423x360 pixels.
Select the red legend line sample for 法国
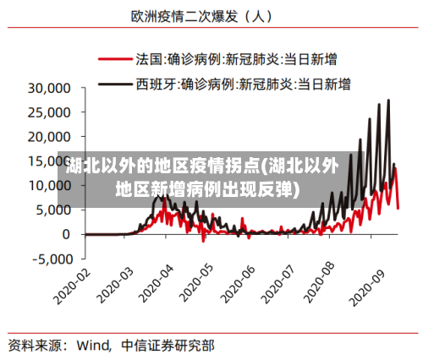[x=115, y=60]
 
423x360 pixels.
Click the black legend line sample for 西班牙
[x=115, y=84]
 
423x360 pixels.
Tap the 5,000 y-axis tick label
[x=55, y=210]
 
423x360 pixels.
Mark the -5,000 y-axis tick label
[x=52, y=259]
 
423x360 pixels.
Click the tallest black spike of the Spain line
[x=388, y=101]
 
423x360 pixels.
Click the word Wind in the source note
[x=94, y=345]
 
